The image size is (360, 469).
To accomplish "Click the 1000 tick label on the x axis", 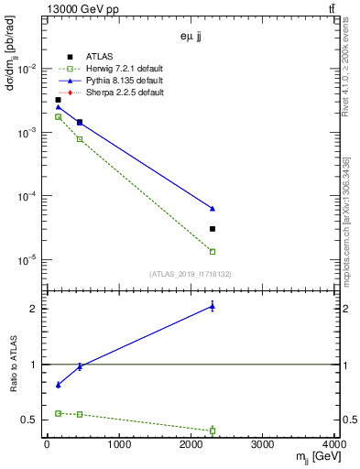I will point(118,446).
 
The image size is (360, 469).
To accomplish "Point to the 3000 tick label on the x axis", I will point(264,446).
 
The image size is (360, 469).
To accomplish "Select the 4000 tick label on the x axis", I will point(334,446).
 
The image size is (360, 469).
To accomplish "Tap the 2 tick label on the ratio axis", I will point(35,309).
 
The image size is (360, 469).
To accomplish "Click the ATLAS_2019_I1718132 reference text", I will point(190,273).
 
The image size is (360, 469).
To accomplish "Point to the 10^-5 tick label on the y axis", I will point(27,260).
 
